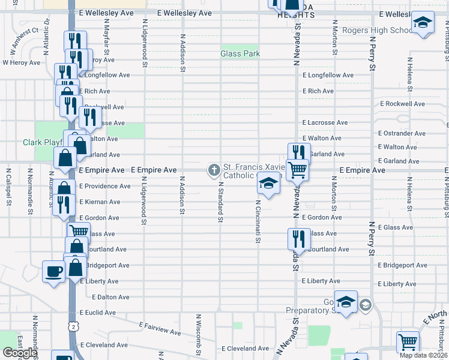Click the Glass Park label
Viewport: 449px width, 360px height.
point(240,53)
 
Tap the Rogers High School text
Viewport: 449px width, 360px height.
point(377,30)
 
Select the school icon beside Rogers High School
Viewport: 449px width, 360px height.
point(423,24)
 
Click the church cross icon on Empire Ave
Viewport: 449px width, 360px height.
point(213,170)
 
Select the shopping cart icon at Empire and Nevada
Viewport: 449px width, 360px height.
point(297,170)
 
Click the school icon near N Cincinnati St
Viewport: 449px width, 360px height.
point(268,184)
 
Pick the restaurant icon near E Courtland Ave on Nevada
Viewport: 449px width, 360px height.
point(298,239)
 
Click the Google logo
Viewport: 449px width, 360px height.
point(19,353)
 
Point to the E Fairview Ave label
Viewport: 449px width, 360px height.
point(159,328)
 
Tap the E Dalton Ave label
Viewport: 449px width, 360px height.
point(112,296)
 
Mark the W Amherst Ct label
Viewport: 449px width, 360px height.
point(22,37)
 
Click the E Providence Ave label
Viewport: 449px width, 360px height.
point(103,186)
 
